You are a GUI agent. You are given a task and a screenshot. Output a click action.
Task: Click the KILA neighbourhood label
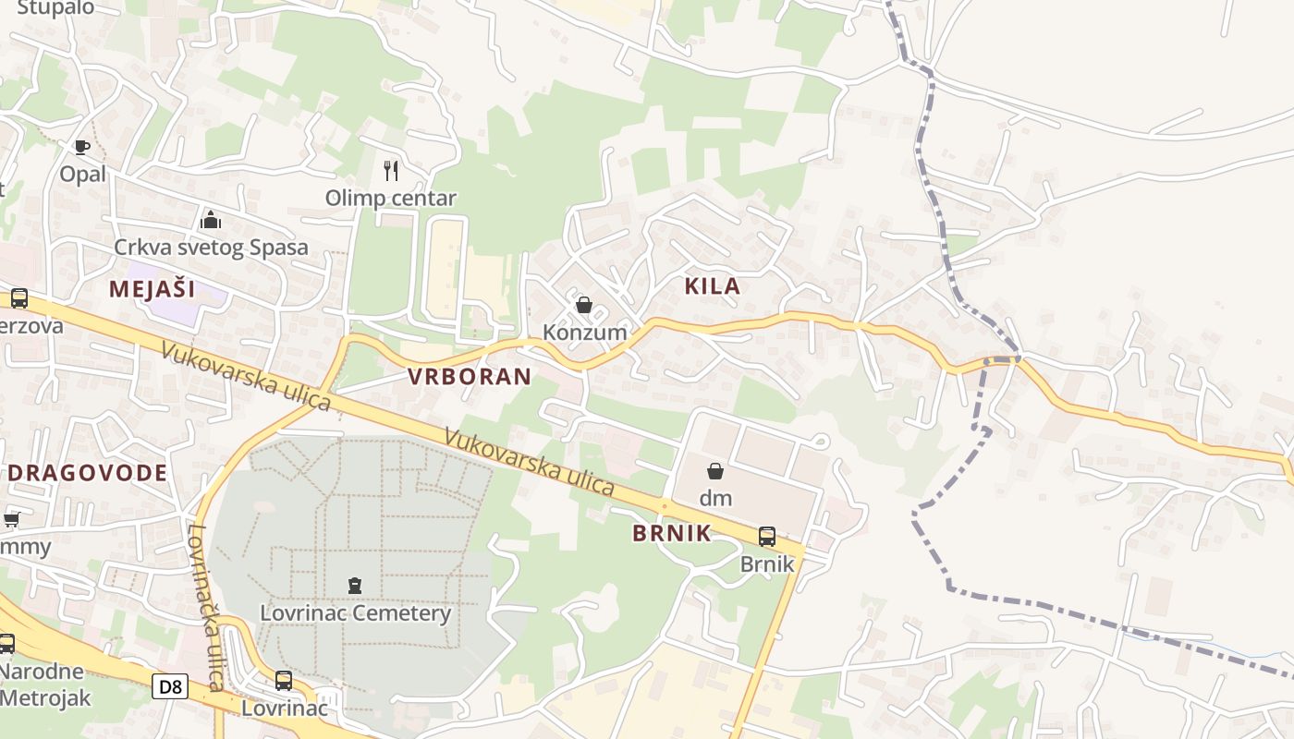coord(713,286)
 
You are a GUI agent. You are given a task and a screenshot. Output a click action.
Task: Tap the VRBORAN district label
coord(470,376)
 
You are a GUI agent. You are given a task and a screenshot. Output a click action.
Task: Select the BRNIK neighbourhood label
coord(672,533)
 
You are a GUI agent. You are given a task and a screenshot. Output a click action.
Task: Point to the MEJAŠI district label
coord(152,289)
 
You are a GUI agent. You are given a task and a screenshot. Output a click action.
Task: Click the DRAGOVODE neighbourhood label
coord(90,473)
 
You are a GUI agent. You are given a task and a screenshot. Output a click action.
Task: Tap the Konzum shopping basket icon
coord(584,305)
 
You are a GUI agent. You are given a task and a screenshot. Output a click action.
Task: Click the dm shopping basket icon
coord(714,471)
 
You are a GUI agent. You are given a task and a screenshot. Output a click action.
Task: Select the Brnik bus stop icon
coord(766,537)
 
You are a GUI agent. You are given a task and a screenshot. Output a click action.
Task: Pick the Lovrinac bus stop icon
coord(284,681)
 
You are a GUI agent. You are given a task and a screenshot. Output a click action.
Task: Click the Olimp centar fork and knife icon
coord(391,171)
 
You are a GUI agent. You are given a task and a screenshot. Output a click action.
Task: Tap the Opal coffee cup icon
coord(82,147)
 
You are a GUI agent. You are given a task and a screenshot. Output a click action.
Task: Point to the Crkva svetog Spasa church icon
coord(211,221)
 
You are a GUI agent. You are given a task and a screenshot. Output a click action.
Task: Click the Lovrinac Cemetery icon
coord(355,585)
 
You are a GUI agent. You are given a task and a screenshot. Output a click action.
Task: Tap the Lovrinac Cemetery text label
coord(355,612)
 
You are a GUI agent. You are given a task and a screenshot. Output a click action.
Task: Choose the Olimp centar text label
coord(391,198)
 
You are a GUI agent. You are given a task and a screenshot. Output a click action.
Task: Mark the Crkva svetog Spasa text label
coord(211,248)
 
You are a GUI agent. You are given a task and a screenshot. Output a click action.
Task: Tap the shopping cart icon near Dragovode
coord(11,519)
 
